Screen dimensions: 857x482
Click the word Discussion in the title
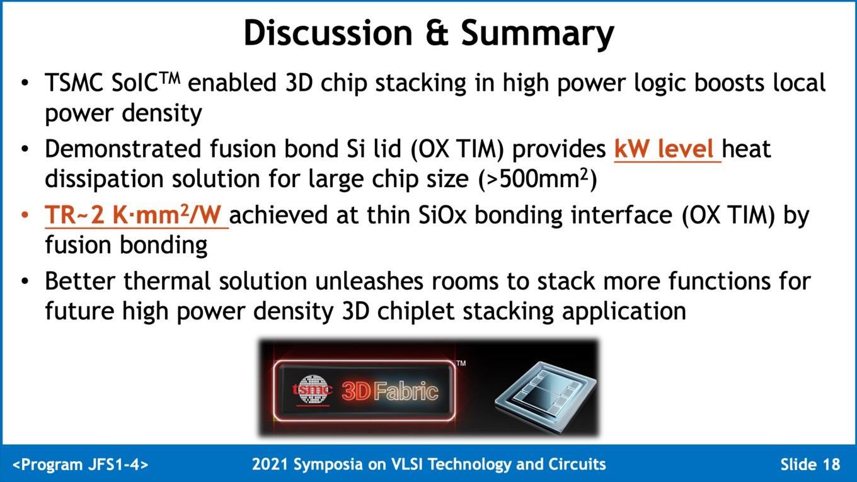click(328, 33)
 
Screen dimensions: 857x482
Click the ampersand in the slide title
click(436, 33)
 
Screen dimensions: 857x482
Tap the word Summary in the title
click(537, 35)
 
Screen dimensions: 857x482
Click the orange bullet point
click(25, 215)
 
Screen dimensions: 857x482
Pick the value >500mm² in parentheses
click(538, 179)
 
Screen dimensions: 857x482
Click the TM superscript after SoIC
click(169, 78)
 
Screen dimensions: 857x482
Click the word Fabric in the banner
click(406, 391)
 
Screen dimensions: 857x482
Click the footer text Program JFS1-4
click(81, 464)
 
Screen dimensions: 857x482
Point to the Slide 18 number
click(810, 464)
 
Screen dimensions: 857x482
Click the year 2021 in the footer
click(270, 464)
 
